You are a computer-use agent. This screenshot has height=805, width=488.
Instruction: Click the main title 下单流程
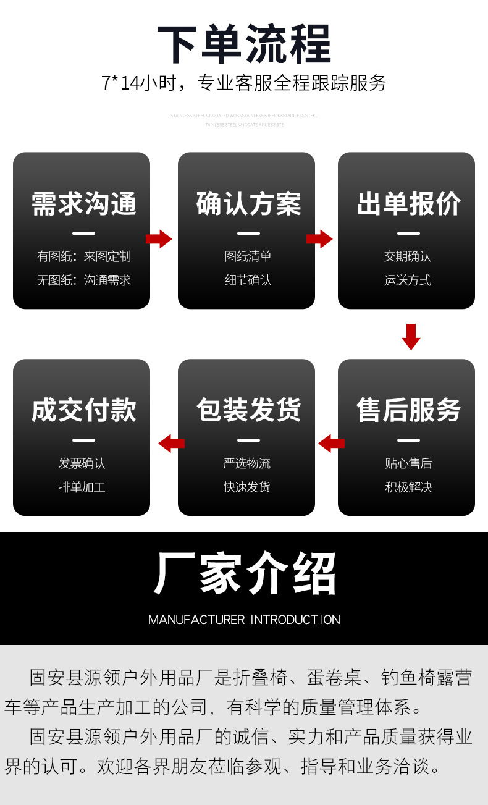point(244,44)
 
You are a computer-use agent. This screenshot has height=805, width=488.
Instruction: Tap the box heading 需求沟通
point(83,204)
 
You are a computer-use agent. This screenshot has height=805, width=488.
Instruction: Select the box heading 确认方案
point(248,204)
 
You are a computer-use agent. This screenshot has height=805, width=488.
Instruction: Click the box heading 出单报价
point(408,204)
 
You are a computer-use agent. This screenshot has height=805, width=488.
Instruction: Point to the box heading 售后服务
point(408,410)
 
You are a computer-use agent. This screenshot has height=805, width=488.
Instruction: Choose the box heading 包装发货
point(248,410)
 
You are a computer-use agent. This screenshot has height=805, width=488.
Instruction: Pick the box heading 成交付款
point(83,410)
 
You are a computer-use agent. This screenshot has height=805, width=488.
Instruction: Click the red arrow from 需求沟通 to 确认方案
point(159,239)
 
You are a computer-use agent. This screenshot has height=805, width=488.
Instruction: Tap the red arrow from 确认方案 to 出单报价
point(319,239)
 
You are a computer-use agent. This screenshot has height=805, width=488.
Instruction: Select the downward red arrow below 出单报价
point(411,336)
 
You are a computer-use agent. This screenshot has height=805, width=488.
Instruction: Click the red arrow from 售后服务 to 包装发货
point(331,443)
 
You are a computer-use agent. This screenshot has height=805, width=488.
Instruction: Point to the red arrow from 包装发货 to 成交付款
point(172,443)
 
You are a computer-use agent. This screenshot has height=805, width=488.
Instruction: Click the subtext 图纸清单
point(248,256)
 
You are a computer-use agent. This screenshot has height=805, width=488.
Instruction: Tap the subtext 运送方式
point(408,280)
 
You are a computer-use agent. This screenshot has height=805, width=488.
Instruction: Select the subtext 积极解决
point(408,487)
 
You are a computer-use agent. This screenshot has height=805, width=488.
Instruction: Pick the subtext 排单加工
point(82,487)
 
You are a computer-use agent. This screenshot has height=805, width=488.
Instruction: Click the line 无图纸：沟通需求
point(83,280)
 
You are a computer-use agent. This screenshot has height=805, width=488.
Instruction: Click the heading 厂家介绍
point(244,574)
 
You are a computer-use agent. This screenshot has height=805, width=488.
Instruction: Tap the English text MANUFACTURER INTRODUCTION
point(244,619)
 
